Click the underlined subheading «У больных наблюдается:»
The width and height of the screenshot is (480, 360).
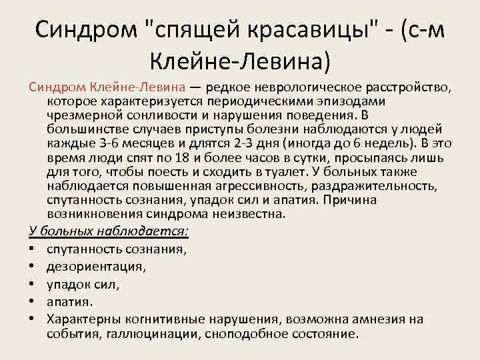[x=109, y=231]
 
